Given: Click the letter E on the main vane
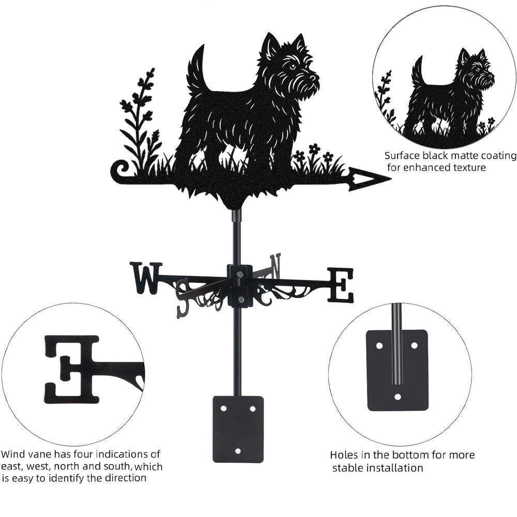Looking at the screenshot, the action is point(340,285).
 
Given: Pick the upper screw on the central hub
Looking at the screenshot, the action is point(240,273).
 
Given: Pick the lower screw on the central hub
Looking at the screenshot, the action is point(241,300).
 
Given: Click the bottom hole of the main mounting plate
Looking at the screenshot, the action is point(238,450).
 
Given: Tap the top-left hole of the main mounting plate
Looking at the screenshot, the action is point(224,408).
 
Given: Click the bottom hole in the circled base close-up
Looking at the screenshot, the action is point(398,397).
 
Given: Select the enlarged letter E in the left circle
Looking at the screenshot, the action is point(71,370).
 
